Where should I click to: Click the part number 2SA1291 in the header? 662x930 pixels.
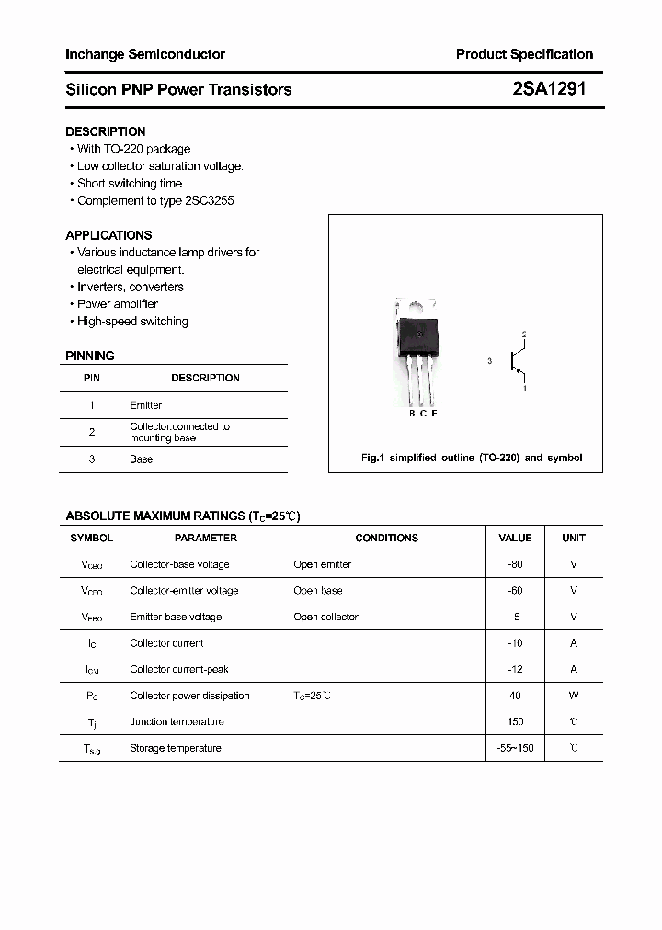(548, 89)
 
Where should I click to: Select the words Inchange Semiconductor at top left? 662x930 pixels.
(145, 54)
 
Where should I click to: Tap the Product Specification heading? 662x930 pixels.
(524, 54)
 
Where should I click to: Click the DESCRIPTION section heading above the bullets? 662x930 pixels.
(106, 131)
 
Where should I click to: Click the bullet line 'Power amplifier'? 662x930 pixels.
(118, 304)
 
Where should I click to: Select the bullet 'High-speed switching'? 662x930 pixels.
(132, 322)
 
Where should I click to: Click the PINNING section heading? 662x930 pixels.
(90, 356)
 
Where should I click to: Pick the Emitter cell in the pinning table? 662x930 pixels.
(145, 405)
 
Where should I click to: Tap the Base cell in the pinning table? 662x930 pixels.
(141, 459)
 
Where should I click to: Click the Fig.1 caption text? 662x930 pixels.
(471, 458)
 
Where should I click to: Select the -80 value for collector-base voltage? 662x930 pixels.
(515, 564)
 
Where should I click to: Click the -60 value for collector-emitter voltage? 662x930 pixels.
(515, 591)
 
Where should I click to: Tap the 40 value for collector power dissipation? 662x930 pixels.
(515, 696)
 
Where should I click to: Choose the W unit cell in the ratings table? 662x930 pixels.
(574, 696)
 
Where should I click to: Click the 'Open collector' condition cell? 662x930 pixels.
(325, 617)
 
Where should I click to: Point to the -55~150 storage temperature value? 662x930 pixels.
(515, 748)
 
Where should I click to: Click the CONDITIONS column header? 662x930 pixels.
(386, 538)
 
